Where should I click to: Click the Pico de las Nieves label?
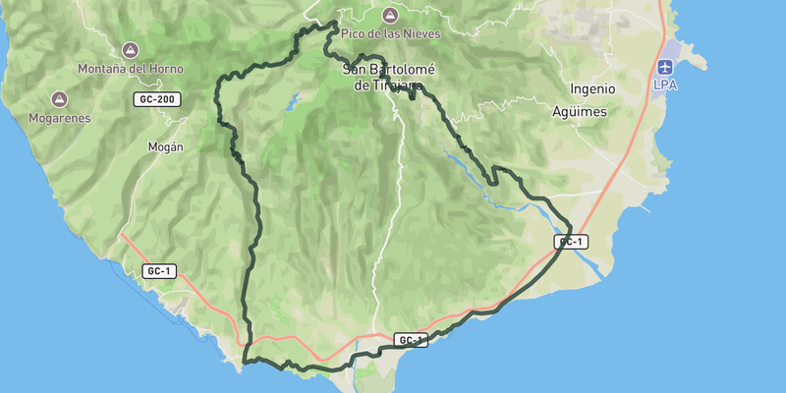(390, 33)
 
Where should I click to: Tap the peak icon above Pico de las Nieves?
(390, 15)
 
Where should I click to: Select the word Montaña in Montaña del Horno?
(107, 69)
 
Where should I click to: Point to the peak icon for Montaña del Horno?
(130, 50)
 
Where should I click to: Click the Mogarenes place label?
(58, 118)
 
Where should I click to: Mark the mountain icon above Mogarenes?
(59, 99)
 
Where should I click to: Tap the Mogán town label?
(165, 147)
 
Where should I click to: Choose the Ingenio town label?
(591, 88)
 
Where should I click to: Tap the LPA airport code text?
(665, 85)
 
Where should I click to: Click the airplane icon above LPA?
(665, 67)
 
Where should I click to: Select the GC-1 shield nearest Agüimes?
(570, 242)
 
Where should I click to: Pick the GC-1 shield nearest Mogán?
(159, 270)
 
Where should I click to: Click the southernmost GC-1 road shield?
(412, 340)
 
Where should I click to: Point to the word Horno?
(155, 69)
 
